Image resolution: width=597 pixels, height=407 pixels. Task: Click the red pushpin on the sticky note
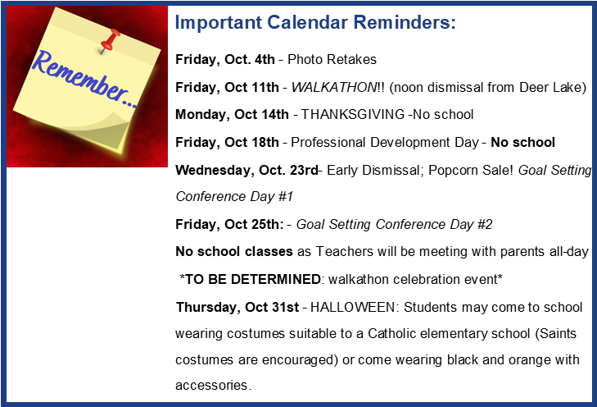110,40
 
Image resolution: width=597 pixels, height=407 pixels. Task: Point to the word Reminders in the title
405,22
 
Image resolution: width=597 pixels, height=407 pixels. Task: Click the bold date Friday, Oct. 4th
225,60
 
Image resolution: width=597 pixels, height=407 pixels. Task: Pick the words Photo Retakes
332,60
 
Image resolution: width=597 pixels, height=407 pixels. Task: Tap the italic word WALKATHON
334,87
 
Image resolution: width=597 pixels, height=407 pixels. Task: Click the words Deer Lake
553,87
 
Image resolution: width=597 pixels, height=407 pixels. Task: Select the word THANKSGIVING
353,114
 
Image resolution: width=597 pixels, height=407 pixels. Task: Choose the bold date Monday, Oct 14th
232,114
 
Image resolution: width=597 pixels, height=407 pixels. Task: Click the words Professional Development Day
385,142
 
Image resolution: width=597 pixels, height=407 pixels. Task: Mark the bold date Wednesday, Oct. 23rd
246,170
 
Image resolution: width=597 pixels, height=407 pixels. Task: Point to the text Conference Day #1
234,196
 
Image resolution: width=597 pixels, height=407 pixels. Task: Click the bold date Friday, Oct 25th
229,224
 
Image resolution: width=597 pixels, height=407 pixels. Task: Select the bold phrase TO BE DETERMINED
253,279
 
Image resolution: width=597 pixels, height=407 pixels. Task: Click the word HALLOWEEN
353,307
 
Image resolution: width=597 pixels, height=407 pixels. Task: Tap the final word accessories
211,386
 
